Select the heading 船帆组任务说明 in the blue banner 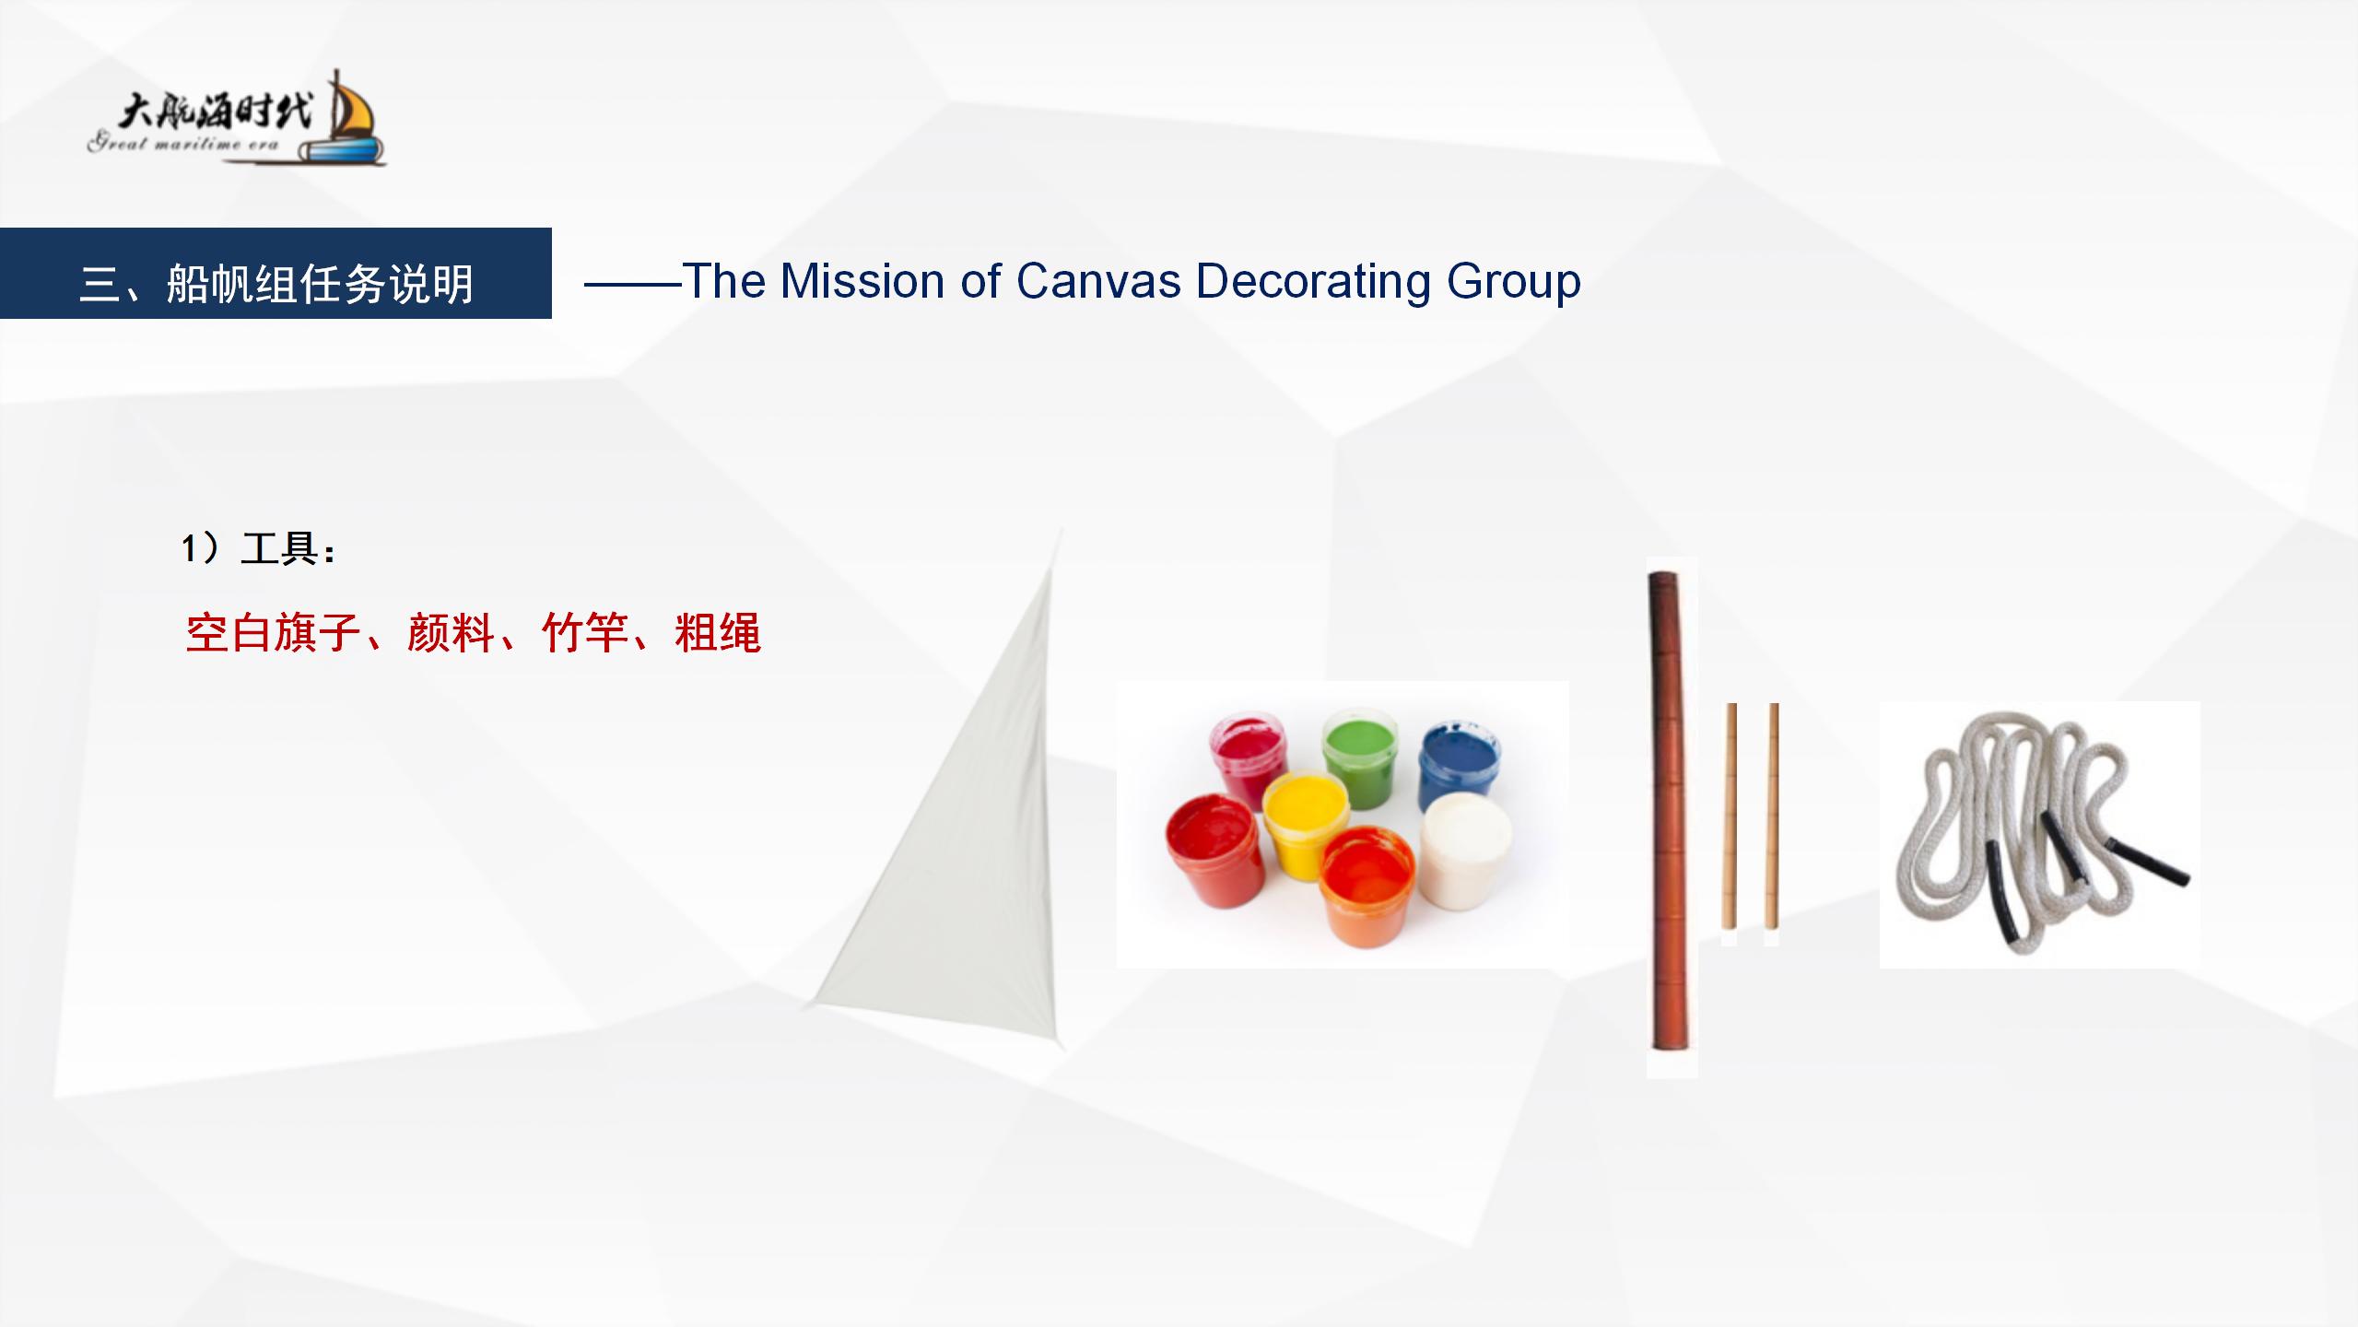coord(320,283)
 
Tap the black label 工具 coord(279,548)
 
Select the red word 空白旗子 coord(272,633)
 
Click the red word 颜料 coord(451,633)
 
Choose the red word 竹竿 coord(584,633)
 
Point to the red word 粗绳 coord(718,633)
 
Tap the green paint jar coord(1358,757)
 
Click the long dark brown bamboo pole coord(1671,811)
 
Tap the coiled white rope coord(2037,834)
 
